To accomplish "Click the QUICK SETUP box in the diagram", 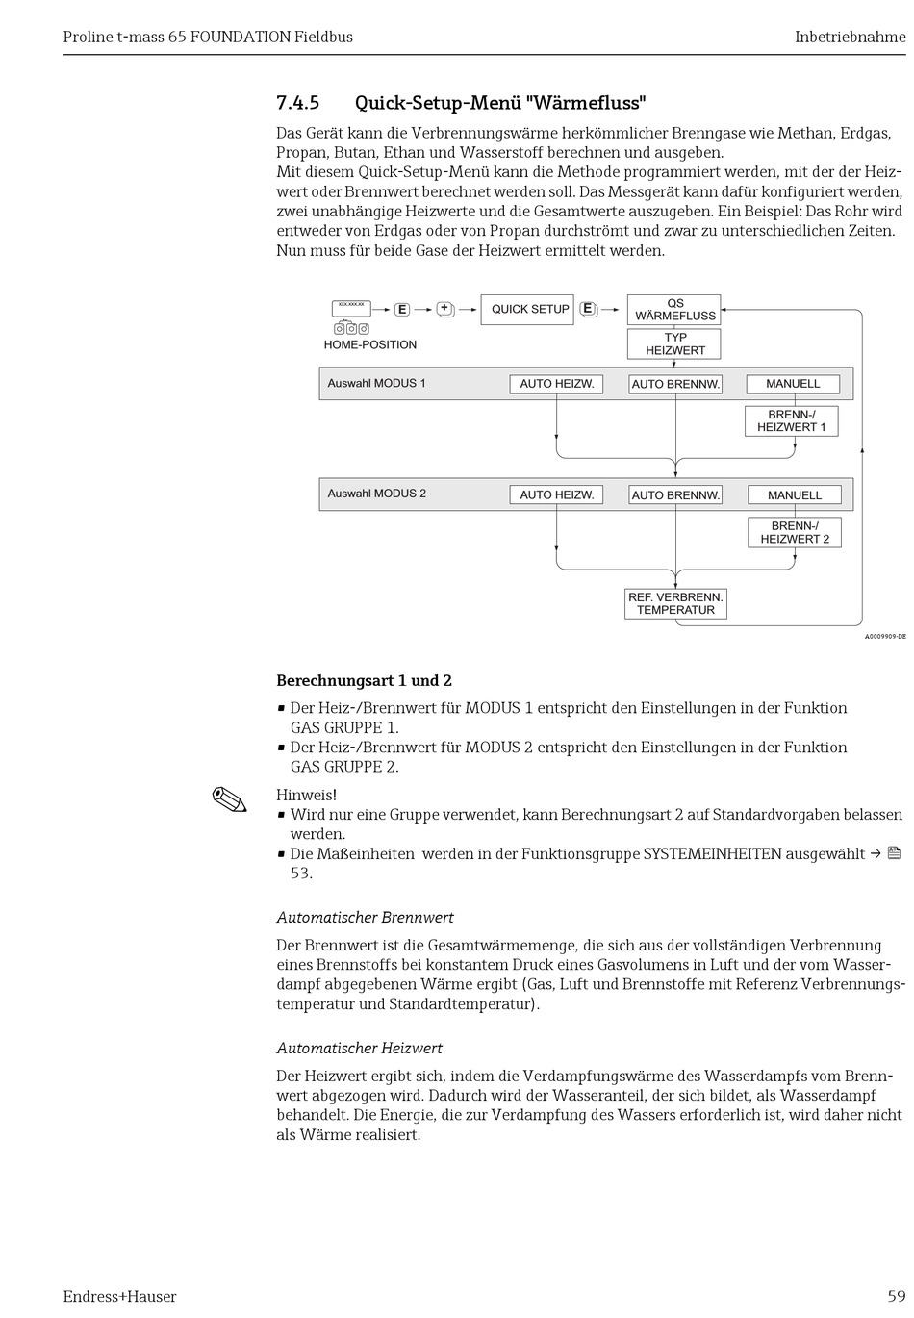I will click(x=527, y=310).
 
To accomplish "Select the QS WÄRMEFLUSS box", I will click(x=674, y=310).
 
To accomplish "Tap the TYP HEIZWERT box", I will click(x=674, y=344).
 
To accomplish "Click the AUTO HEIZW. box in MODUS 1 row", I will click(x=556, y=384).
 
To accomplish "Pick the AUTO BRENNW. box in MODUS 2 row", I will click(x=675, y=495).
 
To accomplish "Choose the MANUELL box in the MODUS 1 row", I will click(x=793, y=384).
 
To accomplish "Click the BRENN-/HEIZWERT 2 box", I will click(x=795, y=533).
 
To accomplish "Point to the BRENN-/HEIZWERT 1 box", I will click(x=791, y=421).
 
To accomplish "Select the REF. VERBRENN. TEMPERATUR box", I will click(x=675, y=604).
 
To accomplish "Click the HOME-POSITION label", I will click(x=370, y=344).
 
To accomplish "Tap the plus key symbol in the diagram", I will click(x=444, y=309).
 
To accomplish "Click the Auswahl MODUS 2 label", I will click(x=376, y=494).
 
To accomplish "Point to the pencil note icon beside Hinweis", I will click(x=229, y=799).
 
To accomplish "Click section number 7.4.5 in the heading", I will click(x=297, y=103).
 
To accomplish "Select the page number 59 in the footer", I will click(x=896, y=1296).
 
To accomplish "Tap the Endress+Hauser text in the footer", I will click(x=119, y=1296).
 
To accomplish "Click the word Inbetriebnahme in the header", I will click(x=850, y=38).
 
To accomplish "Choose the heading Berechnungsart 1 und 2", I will click(x=364, y=681).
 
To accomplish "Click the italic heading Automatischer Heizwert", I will click(x=359, y=1048).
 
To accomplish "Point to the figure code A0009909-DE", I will click(x=884, y=637).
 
